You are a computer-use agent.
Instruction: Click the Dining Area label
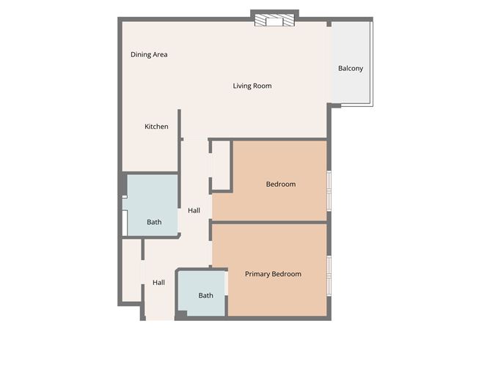[149, 54]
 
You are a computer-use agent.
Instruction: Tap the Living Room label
[252, 86]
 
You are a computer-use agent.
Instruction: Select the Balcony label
[350, 68]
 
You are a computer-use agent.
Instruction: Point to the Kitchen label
[156, 127]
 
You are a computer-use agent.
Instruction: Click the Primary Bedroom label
[273, 274]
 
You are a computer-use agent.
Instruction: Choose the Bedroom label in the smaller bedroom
[280, 184]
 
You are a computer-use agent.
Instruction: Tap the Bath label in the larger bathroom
[154, 222]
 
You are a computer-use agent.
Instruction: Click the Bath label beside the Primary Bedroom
[205, 296]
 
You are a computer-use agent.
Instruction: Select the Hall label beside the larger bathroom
[194, 211]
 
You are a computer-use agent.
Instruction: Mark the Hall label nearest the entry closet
[158, 282]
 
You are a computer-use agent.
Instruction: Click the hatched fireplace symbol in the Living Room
[274, 21]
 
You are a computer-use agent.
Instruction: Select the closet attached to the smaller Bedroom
[222, 166]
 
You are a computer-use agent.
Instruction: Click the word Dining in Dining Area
[140, 54]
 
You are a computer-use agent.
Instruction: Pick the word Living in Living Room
[243, 86]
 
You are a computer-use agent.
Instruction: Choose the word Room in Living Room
[263, 86]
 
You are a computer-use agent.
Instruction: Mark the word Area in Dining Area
[160, 54]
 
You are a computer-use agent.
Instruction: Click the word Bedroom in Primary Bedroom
[287, 274]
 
